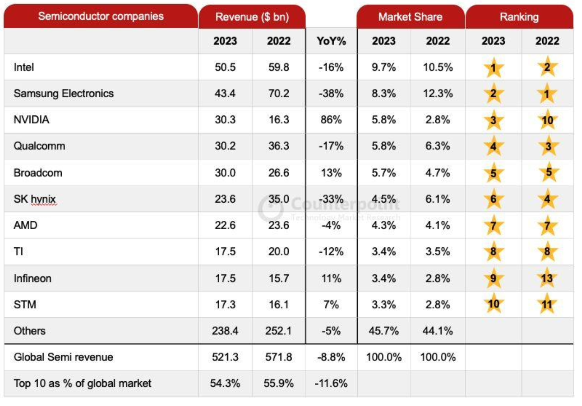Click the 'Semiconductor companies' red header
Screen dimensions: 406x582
[101, 16]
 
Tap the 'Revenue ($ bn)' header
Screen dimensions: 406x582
[252, 17]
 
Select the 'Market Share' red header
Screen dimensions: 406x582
[410, 17]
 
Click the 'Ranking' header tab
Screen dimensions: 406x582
[519, 17]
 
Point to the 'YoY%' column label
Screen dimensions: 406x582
[331, 41]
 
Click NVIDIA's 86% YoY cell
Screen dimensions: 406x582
[331, 120]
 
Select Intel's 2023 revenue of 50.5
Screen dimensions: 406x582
[225, 67]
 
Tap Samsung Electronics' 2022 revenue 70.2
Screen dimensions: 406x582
[279, 93]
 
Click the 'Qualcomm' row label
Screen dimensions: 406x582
[39, 146]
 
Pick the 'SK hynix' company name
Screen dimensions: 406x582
[35, 199]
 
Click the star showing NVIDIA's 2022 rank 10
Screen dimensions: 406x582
[547, 120]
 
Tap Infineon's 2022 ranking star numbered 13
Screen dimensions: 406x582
[547, 278]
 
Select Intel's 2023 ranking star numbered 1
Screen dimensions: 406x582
[493, 68]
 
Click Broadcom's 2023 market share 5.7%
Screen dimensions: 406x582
[384, 173]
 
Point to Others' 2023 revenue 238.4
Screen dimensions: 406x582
[225, 331]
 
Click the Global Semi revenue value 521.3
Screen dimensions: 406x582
[225, 357]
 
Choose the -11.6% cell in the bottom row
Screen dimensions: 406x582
[331, 383]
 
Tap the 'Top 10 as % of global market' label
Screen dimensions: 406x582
[83, 383]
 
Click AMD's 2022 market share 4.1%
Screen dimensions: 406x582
[438, 225]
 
